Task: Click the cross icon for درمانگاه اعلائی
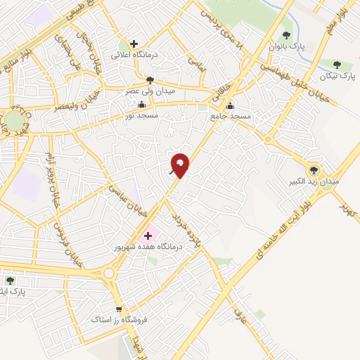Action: (134, 44)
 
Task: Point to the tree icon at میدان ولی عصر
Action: (149, 79)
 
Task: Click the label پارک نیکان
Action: (333, 75)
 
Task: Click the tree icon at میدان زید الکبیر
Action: (314, 169)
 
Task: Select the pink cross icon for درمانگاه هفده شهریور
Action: (148, 236)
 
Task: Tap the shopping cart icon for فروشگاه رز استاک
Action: (119, 309)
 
